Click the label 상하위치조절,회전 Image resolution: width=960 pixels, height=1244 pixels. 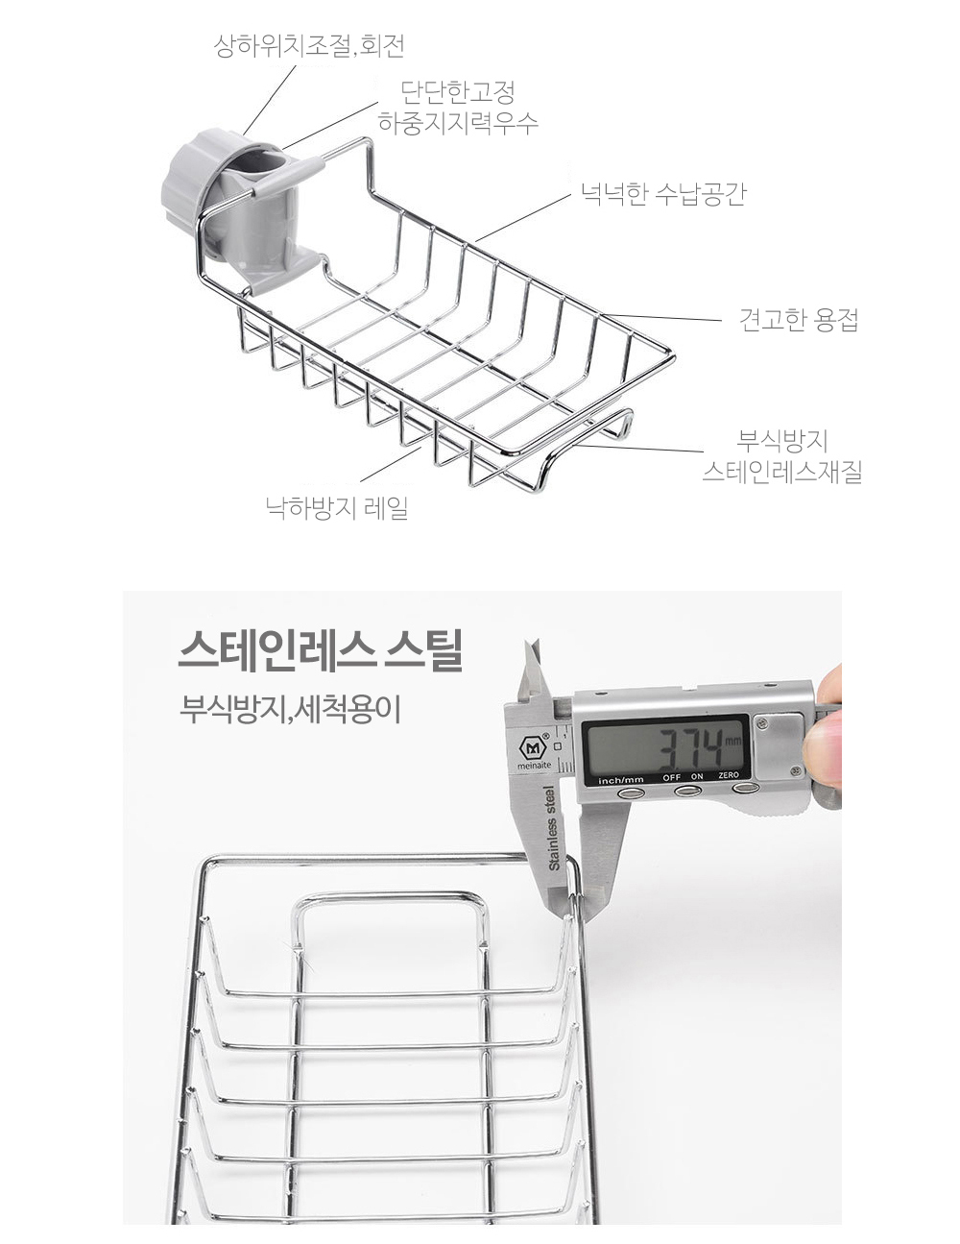coord(309,46)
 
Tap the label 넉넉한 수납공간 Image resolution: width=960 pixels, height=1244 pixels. coord(663,193)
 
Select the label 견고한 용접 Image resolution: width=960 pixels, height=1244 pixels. coord(799,320)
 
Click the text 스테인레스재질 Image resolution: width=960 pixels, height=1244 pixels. coord(782,473)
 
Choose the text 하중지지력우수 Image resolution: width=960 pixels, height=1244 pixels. coord(459,122)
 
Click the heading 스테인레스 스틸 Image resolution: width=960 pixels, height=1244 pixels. coord(320,651)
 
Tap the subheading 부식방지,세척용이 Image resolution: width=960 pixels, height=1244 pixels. coord(290,710)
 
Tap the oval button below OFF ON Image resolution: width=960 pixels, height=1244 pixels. coord(687,792)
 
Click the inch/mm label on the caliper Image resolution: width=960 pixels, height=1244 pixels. coord(621,780)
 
